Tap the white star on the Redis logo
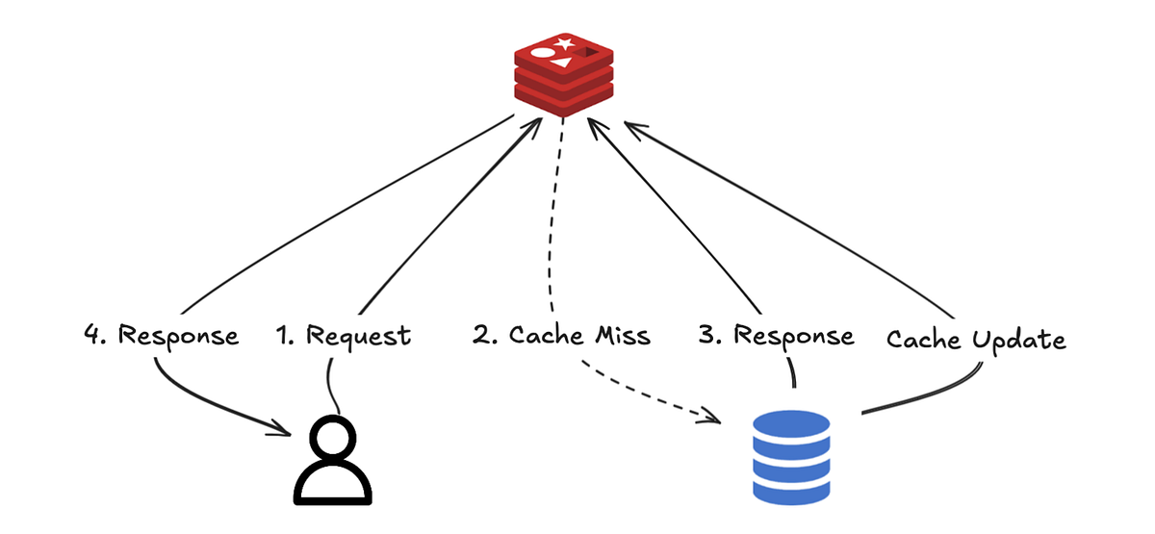point(567,43)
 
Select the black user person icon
point(332,461)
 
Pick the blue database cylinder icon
point(790,456)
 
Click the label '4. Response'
point(161,336)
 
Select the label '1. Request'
point(343,336)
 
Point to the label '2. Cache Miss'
point(561,336)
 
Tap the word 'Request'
point(358,337)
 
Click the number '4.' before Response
point(96,336)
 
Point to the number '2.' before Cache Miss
point(485,336)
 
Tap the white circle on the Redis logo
point(543,54)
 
